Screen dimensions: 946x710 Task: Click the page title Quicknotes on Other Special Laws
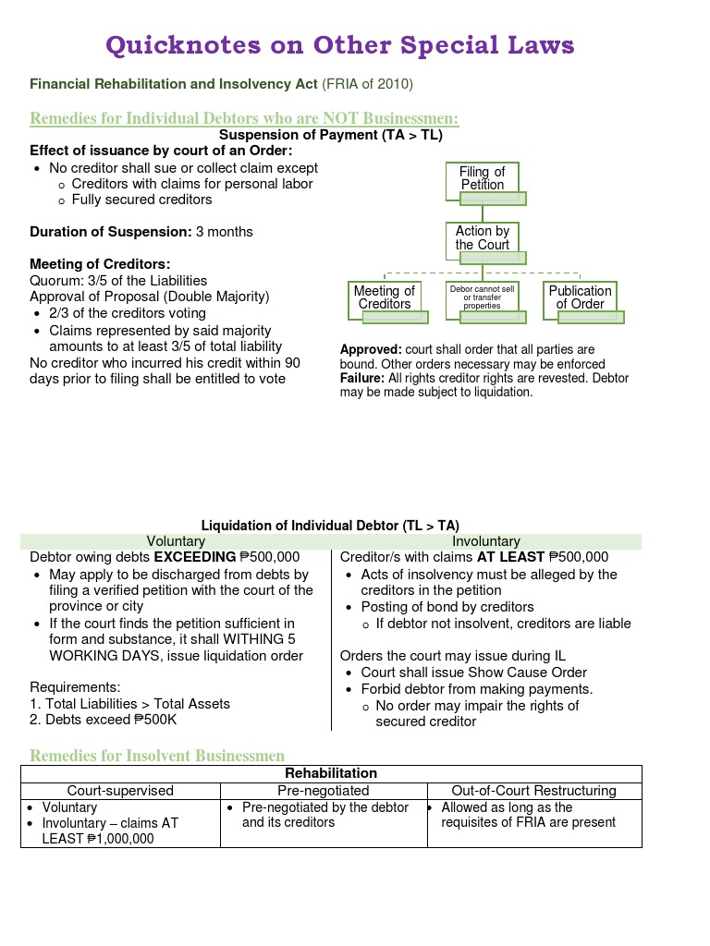339,44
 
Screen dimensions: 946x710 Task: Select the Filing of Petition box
483,178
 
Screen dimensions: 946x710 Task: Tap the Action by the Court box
482,238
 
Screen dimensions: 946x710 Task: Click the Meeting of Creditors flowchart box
385,297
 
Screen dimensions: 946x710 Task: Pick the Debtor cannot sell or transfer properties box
482,297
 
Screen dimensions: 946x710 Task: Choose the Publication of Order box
580,297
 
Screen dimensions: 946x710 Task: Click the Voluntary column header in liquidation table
176,541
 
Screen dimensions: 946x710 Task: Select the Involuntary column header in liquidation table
486,541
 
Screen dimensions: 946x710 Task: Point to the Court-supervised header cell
120,791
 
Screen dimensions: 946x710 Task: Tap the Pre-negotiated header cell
324,791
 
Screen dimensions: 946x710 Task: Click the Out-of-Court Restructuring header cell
533,791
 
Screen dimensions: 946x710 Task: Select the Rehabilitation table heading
331,773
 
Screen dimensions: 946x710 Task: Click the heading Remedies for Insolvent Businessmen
157,756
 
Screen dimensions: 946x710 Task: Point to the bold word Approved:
371,350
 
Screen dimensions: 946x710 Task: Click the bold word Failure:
362,379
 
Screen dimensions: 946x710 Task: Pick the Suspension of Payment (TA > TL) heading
330,136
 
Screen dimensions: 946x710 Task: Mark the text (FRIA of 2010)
367,85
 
